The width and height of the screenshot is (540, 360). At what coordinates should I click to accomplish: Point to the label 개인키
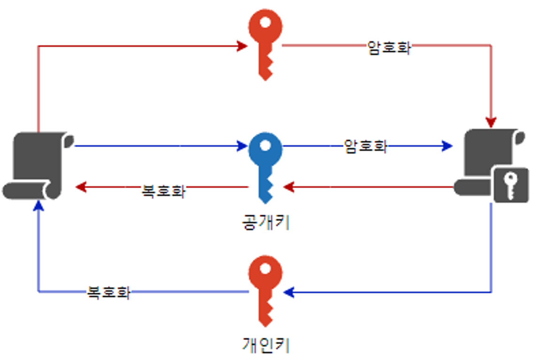coord(265,345)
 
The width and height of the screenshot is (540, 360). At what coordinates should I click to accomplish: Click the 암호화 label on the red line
coord(389,47)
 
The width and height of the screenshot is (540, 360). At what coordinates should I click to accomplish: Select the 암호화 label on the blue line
coord(365,146)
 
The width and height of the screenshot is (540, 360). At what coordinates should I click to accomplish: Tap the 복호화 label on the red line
coord(163,191)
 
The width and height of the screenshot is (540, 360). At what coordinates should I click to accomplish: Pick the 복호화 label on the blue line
coord(108,292)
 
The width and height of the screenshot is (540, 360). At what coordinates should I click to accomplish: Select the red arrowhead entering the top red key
coord(242,46)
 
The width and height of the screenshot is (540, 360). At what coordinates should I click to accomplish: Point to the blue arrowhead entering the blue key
coord(242,146)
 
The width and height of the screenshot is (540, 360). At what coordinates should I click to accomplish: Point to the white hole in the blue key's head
coord(265,145)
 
